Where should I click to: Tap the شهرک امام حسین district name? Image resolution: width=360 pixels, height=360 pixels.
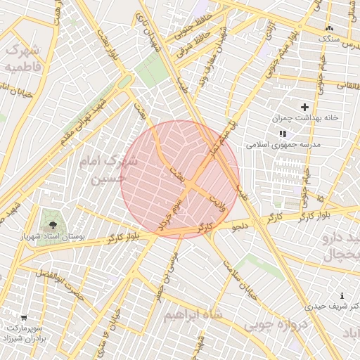coord(109,170)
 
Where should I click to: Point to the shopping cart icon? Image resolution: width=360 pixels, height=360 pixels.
coord(24,317)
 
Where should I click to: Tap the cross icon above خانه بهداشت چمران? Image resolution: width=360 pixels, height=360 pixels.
coord(304,107)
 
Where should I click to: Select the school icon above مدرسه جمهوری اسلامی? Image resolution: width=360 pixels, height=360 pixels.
coord(283,133)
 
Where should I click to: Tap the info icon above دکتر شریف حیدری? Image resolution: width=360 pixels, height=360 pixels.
coord(342,295)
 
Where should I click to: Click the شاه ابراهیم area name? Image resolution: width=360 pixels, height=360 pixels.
coord(193,314)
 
